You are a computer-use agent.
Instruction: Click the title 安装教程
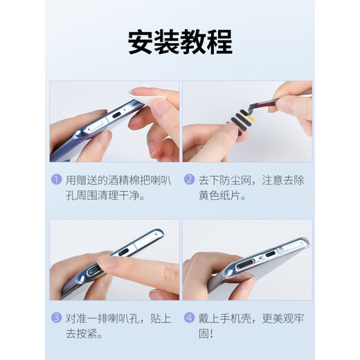pos(179,42)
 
